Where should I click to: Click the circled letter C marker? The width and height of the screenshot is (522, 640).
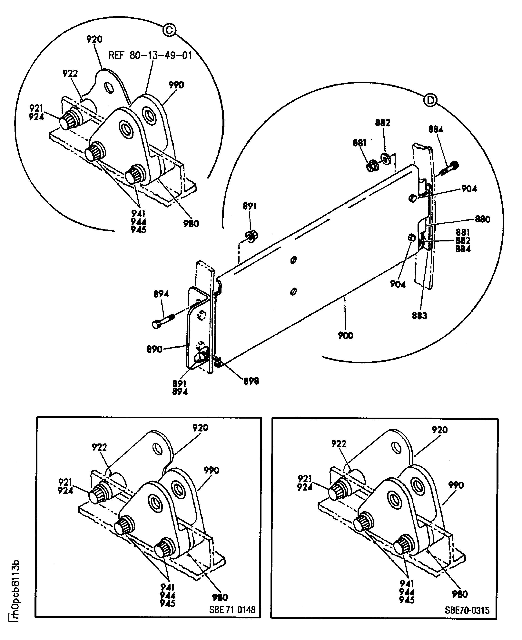coord(169,30)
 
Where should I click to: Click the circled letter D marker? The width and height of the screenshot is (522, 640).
coord(430,100)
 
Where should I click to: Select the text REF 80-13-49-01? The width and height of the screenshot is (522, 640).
coord(150,55)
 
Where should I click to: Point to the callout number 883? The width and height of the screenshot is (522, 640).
coord(419,316)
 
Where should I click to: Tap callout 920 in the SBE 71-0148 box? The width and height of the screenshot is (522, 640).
coord(200,428)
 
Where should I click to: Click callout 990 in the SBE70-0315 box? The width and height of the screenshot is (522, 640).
coord(456,485)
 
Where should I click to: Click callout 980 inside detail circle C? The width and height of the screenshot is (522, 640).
coord(191,224)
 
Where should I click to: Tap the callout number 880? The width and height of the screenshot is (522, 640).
coord(482,219)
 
